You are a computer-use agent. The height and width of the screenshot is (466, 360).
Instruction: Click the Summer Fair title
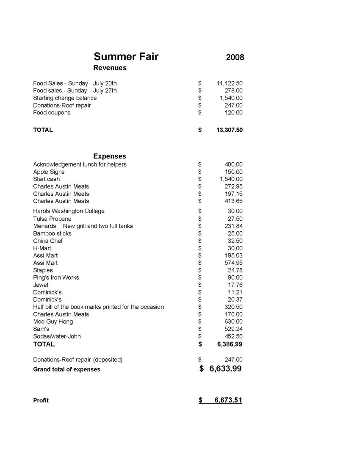(126, 57)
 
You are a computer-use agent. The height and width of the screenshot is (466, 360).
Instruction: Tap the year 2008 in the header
(235, 57)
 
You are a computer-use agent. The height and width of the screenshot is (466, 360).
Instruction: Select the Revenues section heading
(110, 68)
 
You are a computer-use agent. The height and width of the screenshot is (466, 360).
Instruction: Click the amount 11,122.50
(229, 83)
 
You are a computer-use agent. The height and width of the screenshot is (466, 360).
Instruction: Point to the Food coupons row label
(52, 113)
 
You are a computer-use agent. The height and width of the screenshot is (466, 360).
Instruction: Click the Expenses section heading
(110, 156)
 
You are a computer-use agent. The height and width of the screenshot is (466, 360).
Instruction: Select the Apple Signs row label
(49, 172)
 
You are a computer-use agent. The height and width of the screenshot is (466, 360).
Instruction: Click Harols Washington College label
(69, 211)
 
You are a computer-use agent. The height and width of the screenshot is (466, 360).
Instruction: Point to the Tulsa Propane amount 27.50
(235, 219)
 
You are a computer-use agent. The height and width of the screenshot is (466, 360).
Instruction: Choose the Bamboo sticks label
(53, 233)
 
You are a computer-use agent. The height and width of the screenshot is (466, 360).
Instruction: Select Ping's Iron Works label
(56, 277)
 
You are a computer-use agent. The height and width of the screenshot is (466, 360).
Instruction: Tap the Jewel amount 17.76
(235, 285)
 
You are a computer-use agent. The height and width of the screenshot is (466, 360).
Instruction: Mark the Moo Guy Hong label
(53, 322)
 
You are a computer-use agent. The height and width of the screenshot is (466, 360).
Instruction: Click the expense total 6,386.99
(230, 344)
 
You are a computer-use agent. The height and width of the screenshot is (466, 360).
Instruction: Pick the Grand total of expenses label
(67, 369)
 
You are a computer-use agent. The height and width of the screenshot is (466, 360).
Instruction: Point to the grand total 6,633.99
(225, 369)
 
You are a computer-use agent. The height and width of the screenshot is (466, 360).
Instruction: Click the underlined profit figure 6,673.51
(228, 400)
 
